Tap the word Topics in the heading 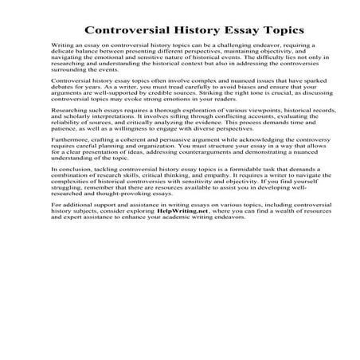pos(278,30)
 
